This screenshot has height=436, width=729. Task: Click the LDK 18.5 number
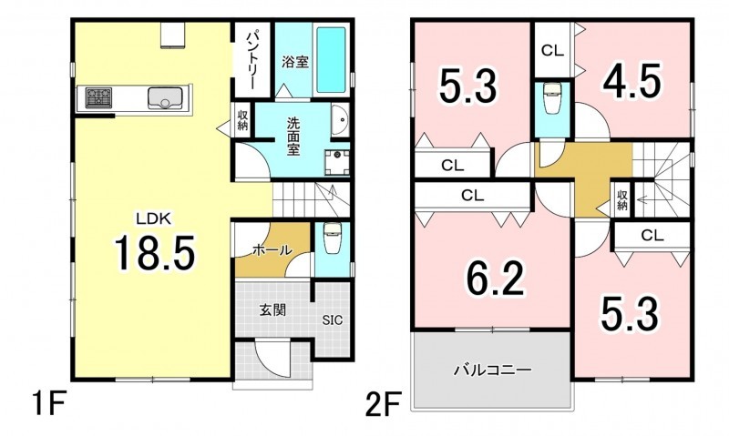point(155,253)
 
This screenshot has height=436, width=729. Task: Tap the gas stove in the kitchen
point(98,98)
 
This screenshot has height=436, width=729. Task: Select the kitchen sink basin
point(165,98)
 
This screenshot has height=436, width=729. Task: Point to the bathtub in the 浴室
point(331,60)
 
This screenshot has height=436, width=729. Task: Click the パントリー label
point(252,59)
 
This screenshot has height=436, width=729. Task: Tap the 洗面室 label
point(293,137)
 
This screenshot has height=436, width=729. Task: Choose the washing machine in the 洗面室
point(336,163)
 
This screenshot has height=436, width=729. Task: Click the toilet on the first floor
point(332,238)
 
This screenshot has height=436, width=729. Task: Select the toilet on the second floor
point(552,98)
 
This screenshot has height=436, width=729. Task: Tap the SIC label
point(333,319)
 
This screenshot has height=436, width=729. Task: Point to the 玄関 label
point(272,309)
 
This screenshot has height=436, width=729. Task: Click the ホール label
point(272,250)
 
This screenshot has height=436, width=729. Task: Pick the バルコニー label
point(492,370)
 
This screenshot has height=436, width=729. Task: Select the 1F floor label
point(48,404)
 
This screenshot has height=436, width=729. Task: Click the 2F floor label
point(383,404)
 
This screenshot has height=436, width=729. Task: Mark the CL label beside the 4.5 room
point(552,50)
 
